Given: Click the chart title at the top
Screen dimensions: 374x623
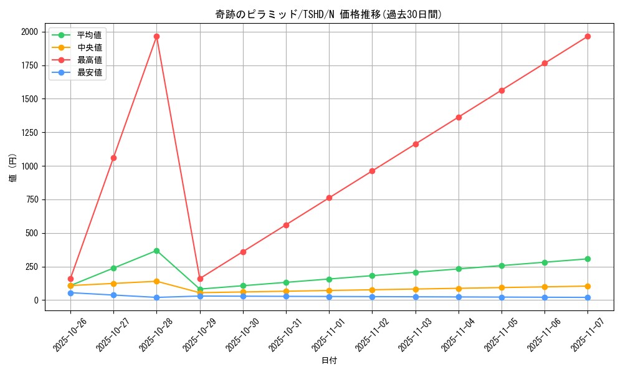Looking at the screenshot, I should click(x=328, y=14).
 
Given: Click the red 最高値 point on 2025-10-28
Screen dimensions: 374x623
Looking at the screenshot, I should click(x=156, y=36).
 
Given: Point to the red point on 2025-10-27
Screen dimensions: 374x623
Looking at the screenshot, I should click(x=113, y=158).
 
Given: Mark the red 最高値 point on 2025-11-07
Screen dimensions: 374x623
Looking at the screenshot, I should click(x=587, y=36).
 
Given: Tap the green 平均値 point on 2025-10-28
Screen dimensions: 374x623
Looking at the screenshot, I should click(x=156, y=251).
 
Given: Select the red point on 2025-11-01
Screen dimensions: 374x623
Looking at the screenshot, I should click(x=329, y=198).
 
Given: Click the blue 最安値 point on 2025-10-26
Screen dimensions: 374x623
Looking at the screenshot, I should click(x=70, y=293).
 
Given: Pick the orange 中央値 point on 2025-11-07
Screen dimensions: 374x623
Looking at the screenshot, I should click(x=587, y=286).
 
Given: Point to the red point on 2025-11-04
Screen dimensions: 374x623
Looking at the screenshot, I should click(x=459, y=117).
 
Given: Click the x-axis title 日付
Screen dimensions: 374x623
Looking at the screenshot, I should click(x=328, y=361).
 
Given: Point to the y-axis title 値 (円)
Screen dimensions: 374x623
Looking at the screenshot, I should click(x=13, y=168).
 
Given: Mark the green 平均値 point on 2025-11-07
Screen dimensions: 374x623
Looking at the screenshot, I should click(x=587, y=259).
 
